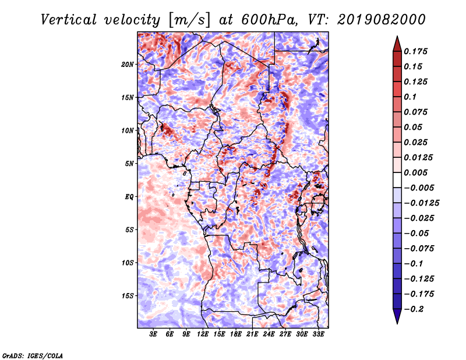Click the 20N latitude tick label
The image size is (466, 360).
(x=128, y=65)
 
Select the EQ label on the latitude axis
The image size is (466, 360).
(x=129, y=197)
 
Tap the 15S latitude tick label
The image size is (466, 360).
(x=128, y=296)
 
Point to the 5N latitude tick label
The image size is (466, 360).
(x=129, y=164)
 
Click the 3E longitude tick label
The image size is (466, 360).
(x=153, y=334)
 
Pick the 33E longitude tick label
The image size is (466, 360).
(x=318, y=334)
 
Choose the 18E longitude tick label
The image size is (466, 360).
(x=236, y=334)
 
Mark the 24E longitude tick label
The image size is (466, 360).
(x=269, y=334)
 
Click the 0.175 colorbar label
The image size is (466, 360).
(x=415, y=51)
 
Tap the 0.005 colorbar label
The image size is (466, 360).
(x=415, y=172)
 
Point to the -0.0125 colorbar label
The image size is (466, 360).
(x=421, y=203)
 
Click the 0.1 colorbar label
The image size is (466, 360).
(x=410, y=97)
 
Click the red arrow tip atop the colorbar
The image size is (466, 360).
(x=397, y=37)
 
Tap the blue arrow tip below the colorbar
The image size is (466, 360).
(x=397, y=323)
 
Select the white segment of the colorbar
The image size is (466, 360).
(x=397, y=180)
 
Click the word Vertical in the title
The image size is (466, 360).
(x=69, y=20)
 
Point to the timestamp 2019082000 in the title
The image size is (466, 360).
(x=382, y=20)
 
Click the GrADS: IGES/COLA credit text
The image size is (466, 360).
(x=33, y=355)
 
